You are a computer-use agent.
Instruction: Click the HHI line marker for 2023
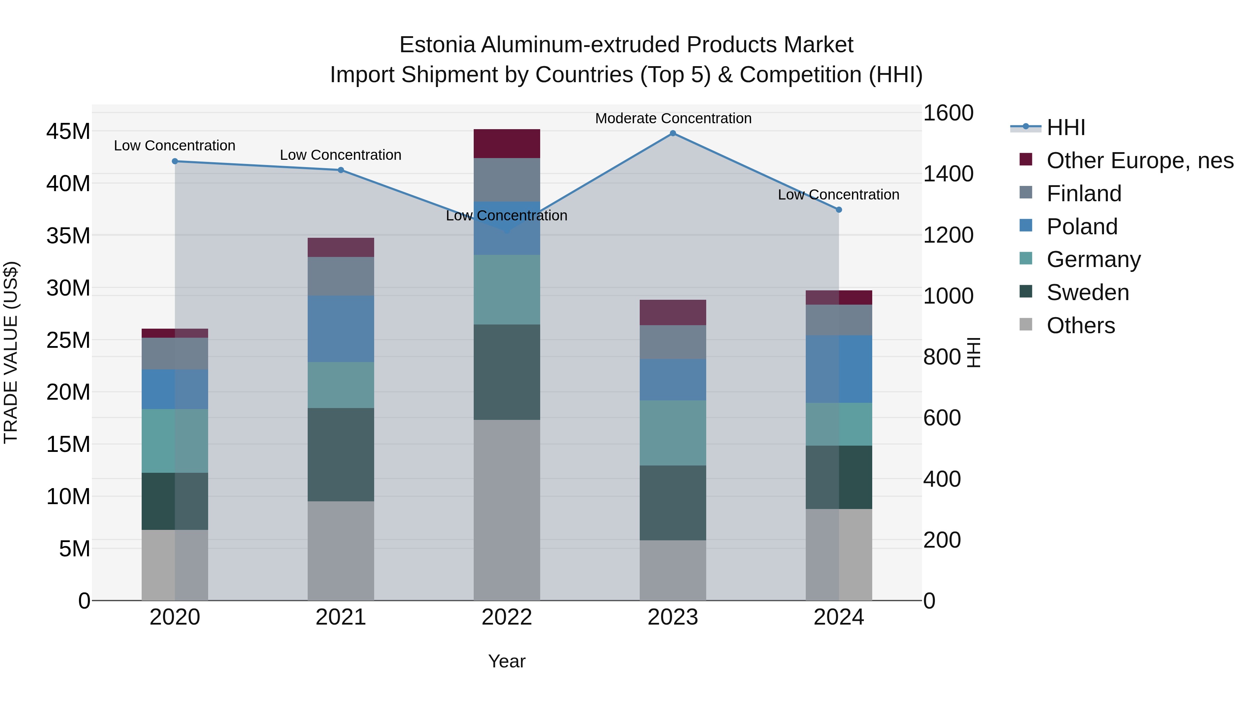pos(673,133)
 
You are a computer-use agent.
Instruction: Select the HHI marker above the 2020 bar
pos(175,161)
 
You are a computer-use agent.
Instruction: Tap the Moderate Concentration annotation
pos(673,118)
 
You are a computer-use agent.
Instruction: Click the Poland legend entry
pos(1082,226)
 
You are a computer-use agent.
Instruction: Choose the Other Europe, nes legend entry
pos(1140,160)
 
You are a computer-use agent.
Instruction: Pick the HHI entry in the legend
pos(1065,127)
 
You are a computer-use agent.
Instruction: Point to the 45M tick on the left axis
pos(68,131)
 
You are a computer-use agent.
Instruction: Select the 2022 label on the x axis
pos(506,617)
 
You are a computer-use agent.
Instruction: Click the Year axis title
pos(506,661)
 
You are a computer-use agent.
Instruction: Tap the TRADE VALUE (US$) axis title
pos(11,352)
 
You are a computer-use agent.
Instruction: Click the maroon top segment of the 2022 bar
pos(506,143)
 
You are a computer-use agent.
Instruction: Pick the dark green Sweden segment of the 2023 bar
pos(673,503)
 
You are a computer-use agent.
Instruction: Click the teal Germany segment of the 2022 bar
pos(506,290)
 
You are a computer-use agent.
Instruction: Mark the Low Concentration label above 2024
pos(838,195)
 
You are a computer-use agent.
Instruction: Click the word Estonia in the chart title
pos(437,45)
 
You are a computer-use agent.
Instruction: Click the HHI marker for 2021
pos(341,170)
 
